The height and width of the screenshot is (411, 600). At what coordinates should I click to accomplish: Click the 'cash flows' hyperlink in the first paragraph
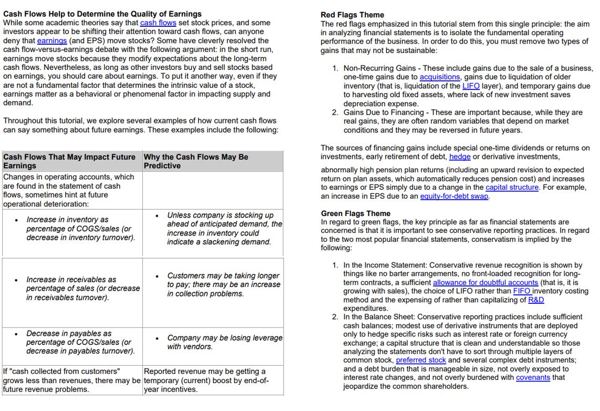tap(158, 23)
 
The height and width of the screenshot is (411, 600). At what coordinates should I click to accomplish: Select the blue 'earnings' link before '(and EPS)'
tap(52, 41)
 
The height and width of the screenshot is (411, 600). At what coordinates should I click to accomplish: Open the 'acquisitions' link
tap(439, 77)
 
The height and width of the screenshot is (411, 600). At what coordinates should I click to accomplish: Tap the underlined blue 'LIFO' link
tap(471, 86)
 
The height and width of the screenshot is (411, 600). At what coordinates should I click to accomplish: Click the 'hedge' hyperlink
tap(460, 157)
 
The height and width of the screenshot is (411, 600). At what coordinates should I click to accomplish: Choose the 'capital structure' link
tap(512, 188)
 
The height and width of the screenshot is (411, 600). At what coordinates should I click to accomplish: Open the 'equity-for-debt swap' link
tap(454, 197)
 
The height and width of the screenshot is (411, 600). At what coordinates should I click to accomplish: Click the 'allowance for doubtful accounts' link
tap(485, 283)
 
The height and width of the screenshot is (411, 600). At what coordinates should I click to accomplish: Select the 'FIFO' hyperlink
tap(522, 291)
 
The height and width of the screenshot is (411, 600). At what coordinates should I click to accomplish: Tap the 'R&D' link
tap(536, 300)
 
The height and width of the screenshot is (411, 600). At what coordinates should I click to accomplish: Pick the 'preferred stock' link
tap(421, 361)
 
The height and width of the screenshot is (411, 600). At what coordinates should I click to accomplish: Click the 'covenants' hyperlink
tap(533, 378)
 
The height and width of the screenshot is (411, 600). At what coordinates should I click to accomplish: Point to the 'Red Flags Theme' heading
tap(352, 15)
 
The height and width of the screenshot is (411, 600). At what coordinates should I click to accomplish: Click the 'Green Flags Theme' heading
tap(356, 213)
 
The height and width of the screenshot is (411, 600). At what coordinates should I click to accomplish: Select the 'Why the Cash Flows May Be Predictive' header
tap(196, 161)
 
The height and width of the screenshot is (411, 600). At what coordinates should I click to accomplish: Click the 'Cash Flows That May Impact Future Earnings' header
tap(69, 161)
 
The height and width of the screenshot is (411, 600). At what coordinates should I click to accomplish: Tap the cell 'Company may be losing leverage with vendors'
tap(224, 342)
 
